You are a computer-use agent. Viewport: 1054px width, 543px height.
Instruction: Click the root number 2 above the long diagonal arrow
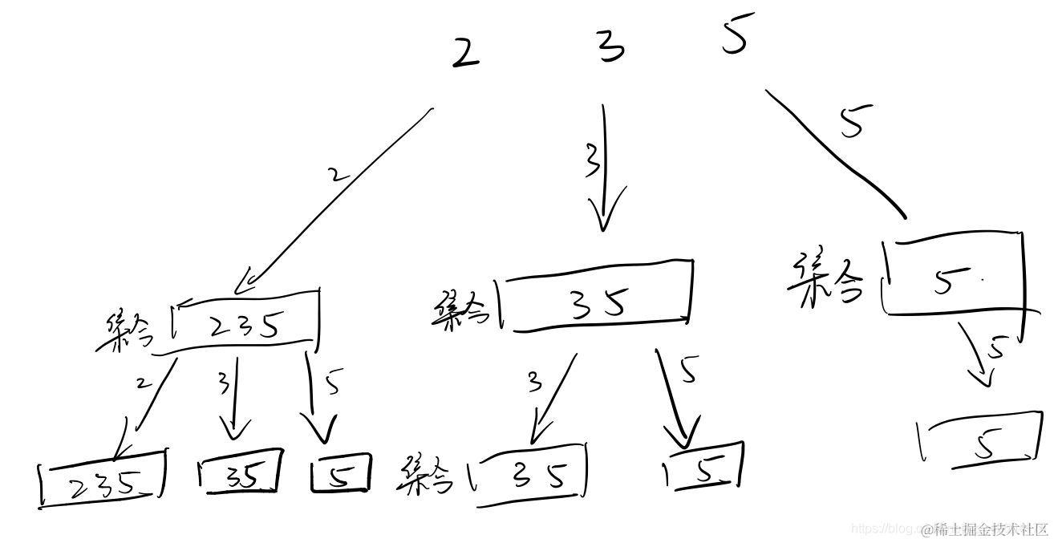pyautogui.click(x=465, y=54)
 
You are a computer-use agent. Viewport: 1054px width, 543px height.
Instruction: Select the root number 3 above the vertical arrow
pyautogui.click(x=611, y=47)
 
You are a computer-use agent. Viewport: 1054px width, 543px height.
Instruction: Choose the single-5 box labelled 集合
pyautogui.click(x=953, y=275)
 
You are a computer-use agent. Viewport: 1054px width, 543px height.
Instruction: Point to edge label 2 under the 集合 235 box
pyautogui.click(x=144, y=383)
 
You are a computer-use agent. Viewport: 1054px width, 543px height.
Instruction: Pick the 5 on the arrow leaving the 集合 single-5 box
pyautogui.click(x=997, y=349)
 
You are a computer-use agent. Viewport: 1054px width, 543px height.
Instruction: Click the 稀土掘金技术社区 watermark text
pyautogui.click(x=985, y=529)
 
